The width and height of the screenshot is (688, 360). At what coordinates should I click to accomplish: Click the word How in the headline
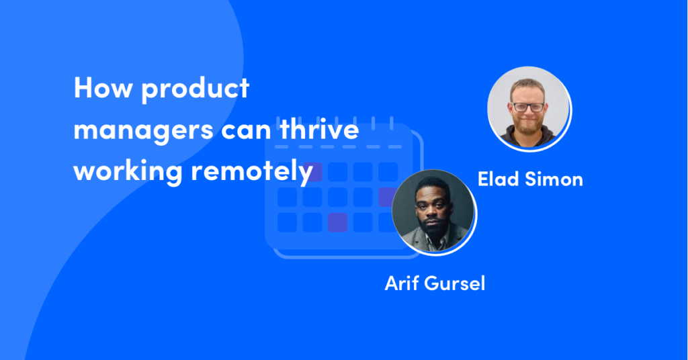[x=103, y=88]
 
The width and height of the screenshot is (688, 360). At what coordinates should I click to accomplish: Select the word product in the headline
[x=196, y=89]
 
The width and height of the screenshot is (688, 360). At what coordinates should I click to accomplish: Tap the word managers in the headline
[x=144, y=131]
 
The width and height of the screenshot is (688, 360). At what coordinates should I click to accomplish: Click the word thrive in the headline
[x=319, y=128]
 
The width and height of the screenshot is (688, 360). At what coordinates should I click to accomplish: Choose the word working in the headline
[x=128, y=172]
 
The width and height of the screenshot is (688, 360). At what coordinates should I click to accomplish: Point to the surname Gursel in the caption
[x=455, y=283]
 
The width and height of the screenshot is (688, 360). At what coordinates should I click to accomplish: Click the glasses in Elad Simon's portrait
[x=528, y=107]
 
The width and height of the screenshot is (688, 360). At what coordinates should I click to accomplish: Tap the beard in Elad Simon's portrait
[x=528, y=124]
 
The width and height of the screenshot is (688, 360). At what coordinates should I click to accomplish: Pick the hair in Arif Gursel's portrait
[x=433, y=185]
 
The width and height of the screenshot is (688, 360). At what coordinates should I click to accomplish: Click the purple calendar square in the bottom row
[x=337, y=222]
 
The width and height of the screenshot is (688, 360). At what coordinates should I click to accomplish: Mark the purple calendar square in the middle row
[x=386, y=197]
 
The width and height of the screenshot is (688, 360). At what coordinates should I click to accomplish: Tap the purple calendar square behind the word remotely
[x=312, y=172]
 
